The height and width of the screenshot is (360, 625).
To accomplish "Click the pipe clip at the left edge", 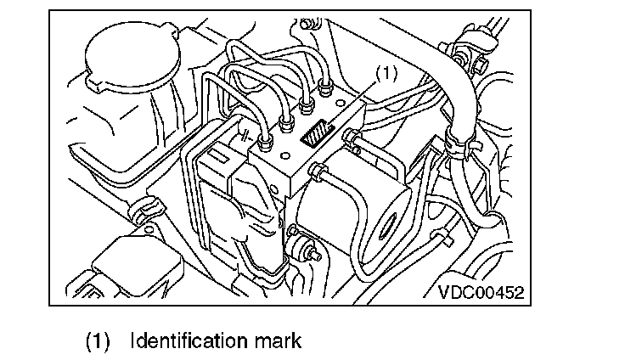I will (x=144, y=207).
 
